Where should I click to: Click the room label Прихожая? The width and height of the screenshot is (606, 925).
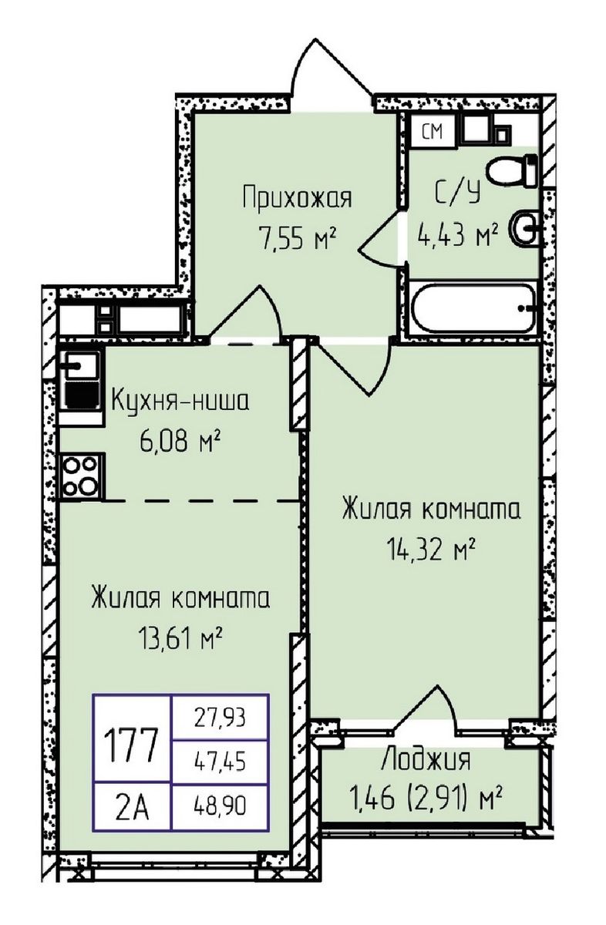(x=296, y=198)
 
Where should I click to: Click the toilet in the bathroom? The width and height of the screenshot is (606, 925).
(x=519, y=170)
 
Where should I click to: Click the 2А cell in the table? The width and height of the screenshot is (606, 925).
(x=131, y=809)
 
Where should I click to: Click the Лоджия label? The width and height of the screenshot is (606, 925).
(x=425, y=760)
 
